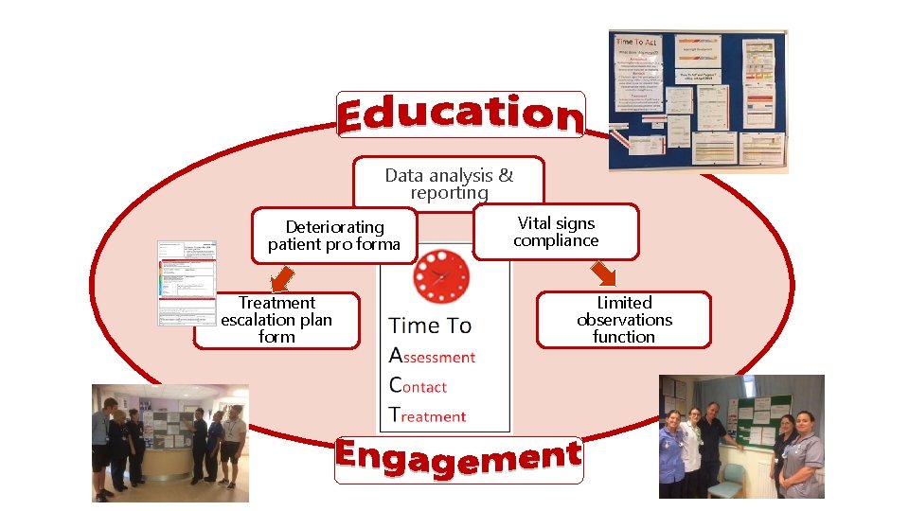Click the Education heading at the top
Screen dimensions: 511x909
coord(460,115)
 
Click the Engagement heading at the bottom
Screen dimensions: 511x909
coord(457,459)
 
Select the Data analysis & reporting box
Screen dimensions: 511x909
coord(449,183)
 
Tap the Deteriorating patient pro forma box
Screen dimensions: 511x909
coord(333,236)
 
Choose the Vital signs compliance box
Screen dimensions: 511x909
coord(556,232)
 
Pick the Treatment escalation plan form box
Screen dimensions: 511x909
coord(276,320)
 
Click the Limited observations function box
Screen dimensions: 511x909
coord(624,320)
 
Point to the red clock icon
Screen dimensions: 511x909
coord(441,275)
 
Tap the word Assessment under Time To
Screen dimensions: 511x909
coord(432,357)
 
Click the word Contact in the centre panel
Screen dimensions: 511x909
coord(418,386)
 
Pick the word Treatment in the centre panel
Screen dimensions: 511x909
coord(428,415)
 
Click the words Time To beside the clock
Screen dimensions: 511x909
coord(430,326)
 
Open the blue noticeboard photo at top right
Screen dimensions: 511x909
coord(697,101)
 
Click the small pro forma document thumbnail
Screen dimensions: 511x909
coord(187,283)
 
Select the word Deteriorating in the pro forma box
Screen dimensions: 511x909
coord(335,227)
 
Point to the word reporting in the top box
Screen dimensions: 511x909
coord(449,192)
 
